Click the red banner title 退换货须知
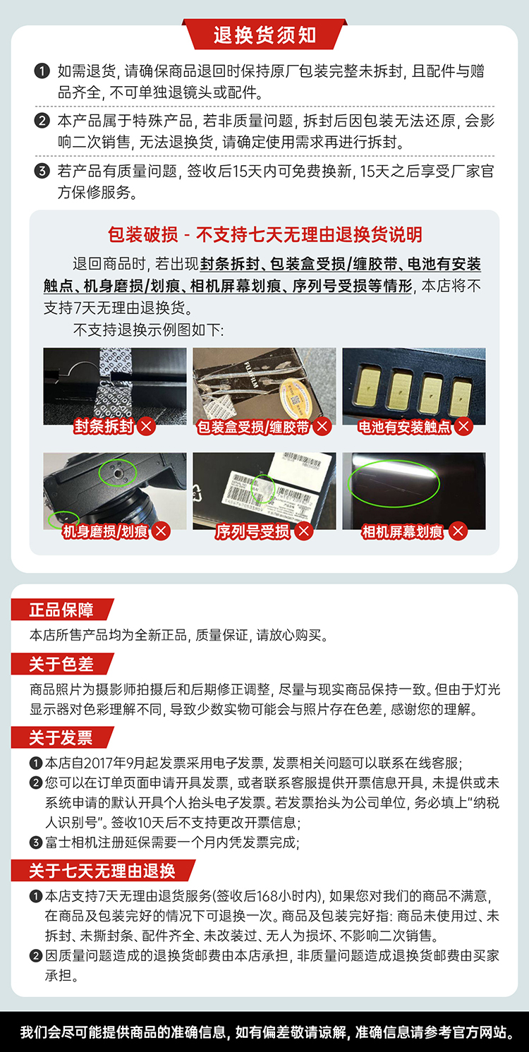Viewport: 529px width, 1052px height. (264, 35)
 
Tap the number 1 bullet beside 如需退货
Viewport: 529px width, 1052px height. (42, 71)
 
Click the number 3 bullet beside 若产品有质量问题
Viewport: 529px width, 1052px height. (42, 171)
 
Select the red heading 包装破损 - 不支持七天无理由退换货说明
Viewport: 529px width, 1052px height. (264, 234)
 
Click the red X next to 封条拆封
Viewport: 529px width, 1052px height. (147, 426)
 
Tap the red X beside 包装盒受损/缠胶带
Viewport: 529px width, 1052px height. (322, 426)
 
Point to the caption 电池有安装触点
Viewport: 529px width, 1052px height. (404, 427)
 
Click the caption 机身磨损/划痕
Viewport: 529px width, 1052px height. (105, 531)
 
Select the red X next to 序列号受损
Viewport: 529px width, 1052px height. (304, 531)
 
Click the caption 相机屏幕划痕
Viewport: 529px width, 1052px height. (402, 531)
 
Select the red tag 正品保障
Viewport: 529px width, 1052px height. (61, 610)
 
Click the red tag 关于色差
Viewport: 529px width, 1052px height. (61, 664)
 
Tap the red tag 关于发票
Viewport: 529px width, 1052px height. (61, 737)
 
